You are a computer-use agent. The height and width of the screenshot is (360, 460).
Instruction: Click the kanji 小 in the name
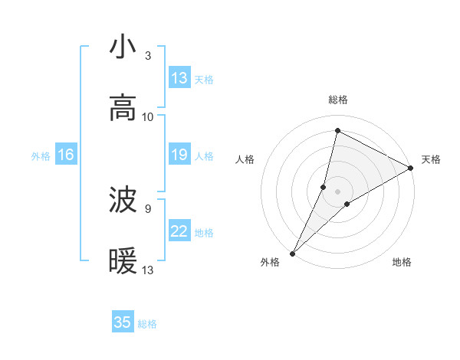tap(123, 47)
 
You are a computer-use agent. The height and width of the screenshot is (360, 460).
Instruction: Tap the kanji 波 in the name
tap(123, 201)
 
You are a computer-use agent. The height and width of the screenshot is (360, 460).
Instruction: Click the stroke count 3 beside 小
tap(148, 56)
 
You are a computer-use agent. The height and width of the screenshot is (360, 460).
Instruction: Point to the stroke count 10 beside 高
tap(148, 117)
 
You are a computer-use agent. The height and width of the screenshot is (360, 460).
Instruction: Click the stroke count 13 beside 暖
tap(148, 270)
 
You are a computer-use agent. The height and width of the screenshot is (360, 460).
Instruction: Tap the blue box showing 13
tap(179, 78)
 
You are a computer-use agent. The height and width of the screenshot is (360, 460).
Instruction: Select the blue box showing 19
tap(179, 155)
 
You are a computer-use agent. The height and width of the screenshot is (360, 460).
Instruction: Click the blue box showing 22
tap(179, 231)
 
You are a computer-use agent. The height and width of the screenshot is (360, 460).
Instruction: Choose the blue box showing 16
tap(66, 155)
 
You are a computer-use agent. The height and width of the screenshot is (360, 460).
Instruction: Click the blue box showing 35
tap(123, 322)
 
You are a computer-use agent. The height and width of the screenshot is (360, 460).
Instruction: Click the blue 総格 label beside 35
tap(148, 324)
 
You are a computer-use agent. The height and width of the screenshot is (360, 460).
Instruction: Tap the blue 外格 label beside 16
tap(41, 156)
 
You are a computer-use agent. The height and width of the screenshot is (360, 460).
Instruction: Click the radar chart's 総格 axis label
tap(338, 100)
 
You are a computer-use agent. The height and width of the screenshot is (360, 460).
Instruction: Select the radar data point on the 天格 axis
tap(411, 169)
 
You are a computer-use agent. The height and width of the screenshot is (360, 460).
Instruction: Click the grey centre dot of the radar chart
tap(338, 191)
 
